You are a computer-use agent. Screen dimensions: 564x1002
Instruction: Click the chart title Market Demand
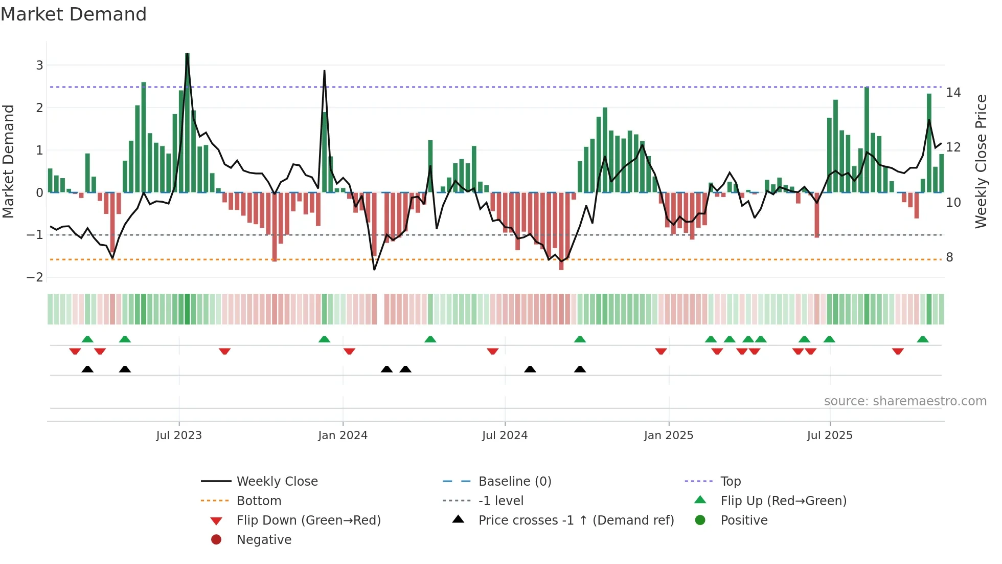(74, 14)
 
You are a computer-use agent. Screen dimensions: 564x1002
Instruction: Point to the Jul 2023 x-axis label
(179, 436)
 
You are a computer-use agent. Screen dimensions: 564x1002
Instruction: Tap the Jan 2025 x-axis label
(668, 436)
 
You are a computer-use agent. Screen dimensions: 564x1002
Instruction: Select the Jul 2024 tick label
(505, 436)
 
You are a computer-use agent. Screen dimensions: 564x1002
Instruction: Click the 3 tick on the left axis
(39, 66)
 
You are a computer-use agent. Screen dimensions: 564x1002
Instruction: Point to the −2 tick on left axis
(35, 277)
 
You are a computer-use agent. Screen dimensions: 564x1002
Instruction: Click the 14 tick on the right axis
(953, 93)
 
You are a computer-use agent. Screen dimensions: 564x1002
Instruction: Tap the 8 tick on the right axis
(949, 257)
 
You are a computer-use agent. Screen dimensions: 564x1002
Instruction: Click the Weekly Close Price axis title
(981, 161)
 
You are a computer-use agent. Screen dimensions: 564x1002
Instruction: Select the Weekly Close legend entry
(277, 482)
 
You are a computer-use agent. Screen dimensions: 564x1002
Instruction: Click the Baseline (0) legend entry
(514, 482)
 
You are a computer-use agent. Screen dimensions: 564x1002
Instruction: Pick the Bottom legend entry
(259, 501)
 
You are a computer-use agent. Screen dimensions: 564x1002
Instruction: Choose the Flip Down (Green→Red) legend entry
(308, 520)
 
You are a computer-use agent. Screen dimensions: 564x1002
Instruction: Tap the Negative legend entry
(264, 540)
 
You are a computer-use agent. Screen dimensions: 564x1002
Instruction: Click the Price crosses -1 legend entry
(576, 520)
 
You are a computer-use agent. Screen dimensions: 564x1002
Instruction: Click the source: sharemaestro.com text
(905, 401)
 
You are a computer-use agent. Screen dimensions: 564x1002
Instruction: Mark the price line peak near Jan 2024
(324, 71)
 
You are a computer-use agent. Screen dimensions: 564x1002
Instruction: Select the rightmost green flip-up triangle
(922, 339)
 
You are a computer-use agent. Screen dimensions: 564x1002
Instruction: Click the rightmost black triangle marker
(580, 369)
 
